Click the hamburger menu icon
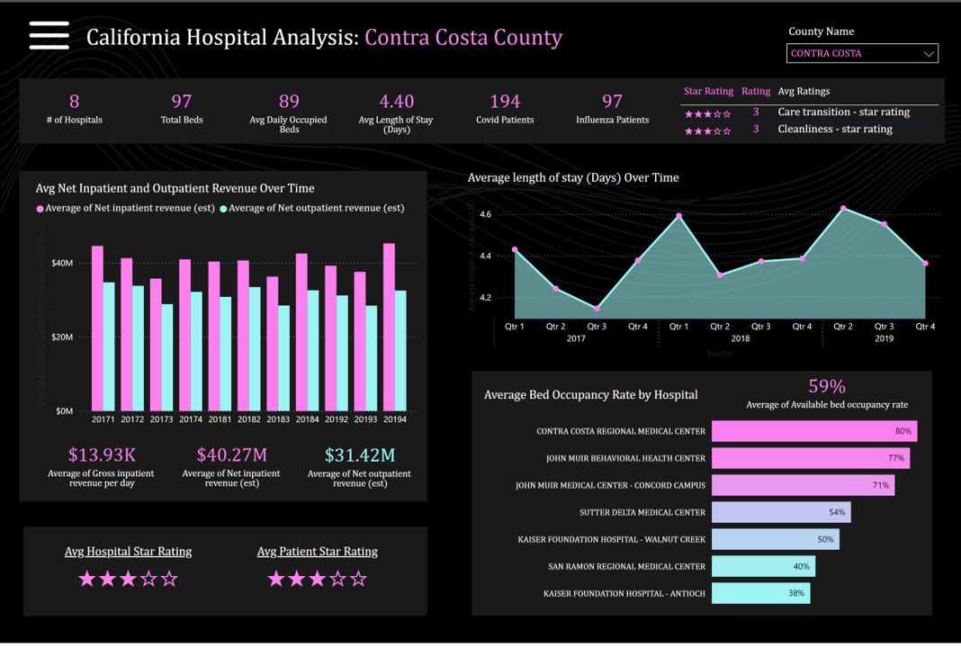(49, 35)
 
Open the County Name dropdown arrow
(929, 54)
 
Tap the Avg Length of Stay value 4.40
(397, 101)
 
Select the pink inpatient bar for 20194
(389, 328)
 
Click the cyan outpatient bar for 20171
(109, 346)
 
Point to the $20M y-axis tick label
(62, 337)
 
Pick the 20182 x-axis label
(249, 419)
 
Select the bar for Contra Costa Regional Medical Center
(813, 431)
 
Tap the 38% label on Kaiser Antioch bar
(796, 593)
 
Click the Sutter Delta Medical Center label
(642, 512)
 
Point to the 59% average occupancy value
(827, 386)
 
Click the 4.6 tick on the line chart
(486, 214)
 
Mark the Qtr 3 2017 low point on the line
(597, 309)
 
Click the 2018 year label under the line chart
(741, 338)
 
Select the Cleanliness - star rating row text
(835, 129)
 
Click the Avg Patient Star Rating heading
(318, 551)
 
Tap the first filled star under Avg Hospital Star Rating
(87, 579)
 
